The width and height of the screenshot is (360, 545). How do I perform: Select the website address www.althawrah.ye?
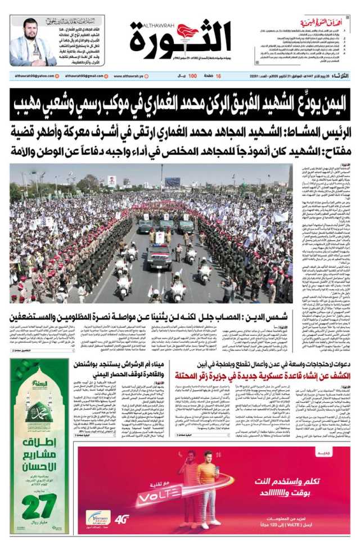click(132, 76)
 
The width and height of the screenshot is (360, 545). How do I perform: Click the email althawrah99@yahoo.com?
click(32, 76)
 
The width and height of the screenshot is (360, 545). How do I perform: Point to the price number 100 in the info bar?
click(192, 76)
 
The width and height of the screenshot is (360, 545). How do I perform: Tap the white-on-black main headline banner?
click(180, 103)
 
